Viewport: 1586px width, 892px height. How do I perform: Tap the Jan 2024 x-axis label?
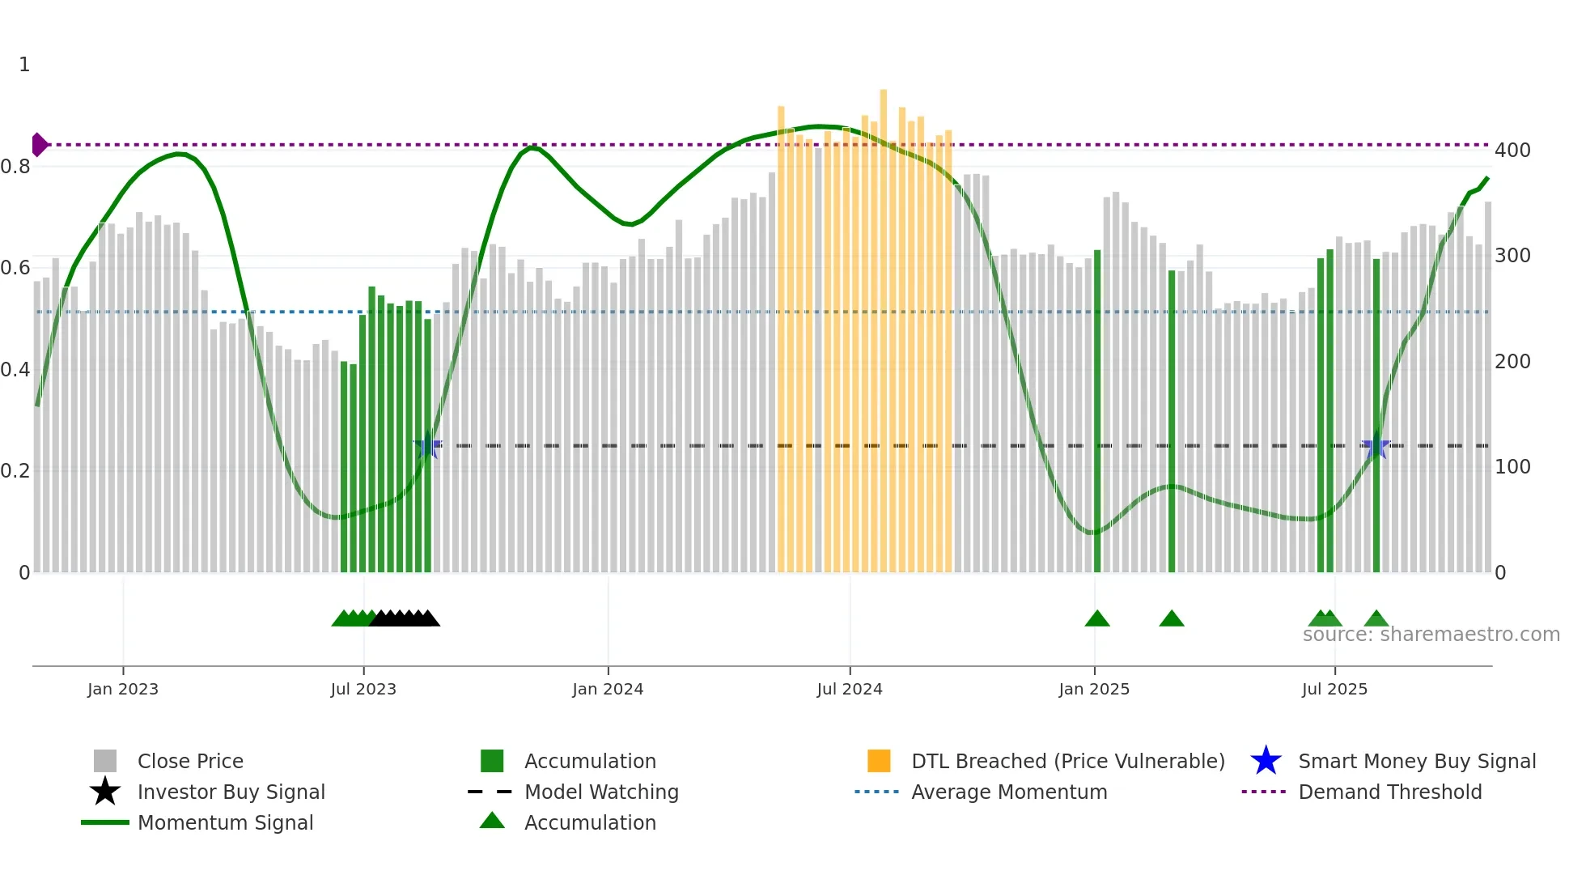coord(608,690)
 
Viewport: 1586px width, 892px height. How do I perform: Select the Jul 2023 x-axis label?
coord(363,690)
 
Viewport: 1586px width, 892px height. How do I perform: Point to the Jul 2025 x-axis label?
coord(1334,690)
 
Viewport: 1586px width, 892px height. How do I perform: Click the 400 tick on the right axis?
coord(1512,151)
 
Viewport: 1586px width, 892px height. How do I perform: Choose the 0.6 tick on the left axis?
coord(15,268)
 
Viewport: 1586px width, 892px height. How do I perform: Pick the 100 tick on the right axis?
coord(1512,467)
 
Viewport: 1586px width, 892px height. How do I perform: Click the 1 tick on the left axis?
coord(24,65)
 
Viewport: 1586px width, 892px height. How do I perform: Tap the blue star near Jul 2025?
coord(1376,446)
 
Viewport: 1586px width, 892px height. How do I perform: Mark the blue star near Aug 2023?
coord(427,446)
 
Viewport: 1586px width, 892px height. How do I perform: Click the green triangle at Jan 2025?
coord(1097,619)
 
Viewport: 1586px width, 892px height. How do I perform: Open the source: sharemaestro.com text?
coord(1431,635)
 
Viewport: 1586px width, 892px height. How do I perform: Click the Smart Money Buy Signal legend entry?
coord(1416,762)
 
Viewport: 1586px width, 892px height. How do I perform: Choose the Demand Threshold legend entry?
coord(1389,792)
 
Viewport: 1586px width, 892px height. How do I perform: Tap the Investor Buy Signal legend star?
coord(105,792)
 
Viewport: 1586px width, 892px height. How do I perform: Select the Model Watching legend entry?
coord(600,792)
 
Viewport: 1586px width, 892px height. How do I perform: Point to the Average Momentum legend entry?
coord(1008,792)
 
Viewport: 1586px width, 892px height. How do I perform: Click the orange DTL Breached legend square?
coord(879,762)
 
